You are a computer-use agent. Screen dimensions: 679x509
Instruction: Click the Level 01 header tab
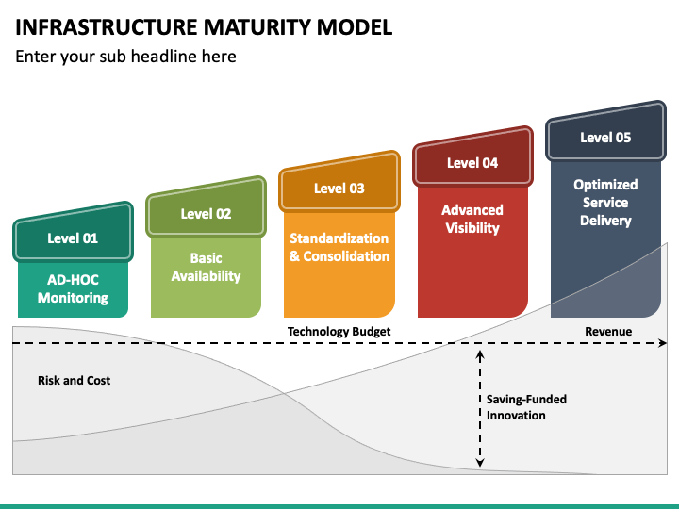coord(73,234)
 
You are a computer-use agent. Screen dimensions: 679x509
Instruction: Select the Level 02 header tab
coord(207,208)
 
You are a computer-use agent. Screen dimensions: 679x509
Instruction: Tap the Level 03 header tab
coord(339,184)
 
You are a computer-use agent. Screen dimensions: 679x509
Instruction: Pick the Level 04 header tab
coord(472,158)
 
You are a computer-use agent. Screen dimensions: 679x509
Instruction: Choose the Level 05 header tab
coord(605,133)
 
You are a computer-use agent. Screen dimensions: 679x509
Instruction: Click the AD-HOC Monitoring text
coord(73,288)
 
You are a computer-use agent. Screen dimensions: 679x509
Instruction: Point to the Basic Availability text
coord(207,267)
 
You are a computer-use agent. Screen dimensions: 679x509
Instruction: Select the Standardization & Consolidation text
coord(339,247)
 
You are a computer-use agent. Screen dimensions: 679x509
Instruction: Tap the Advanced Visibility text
coord(472,219)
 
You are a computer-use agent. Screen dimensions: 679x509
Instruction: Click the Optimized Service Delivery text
coord(605,203)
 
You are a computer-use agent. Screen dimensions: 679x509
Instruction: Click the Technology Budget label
coord(339,332)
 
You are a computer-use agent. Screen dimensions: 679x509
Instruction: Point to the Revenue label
coord(608,332)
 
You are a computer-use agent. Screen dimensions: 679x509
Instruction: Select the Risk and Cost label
coord(75,381)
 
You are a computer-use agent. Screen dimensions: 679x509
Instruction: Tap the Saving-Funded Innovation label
coord(526,407)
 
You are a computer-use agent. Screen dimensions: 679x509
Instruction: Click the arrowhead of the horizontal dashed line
coord(663,343)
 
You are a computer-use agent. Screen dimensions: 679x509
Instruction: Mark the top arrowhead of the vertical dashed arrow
coord(480,355)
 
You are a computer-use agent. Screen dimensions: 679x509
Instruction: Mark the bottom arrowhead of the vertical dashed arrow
coord(480,463)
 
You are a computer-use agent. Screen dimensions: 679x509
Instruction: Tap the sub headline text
coord(126,57)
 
